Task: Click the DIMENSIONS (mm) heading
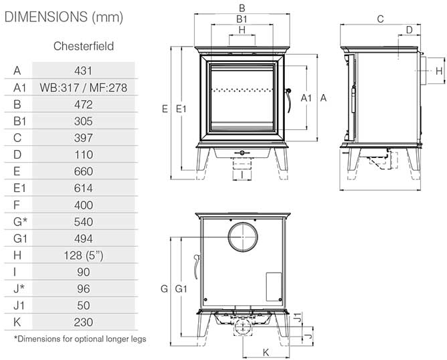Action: [64, 17]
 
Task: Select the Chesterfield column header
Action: [83, 46]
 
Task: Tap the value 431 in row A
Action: [83, 71]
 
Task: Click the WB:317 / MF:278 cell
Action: [83, 87]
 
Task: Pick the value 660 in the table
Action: [83, 171]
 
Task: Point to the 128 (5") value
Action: [83, 255]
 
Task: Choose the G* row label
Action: [20, 222]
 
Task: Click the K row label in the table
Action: [17, 322]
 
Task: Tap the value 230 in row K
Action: [83, 323]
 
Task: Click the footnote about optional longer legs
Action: [80, 339]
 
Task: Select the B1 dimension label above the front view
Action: [242, 19]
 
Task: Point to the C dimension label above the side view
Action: [380, 19]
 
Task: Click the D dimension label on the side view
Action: [409, 29]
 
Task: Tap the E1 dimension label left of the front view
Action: [181, 109]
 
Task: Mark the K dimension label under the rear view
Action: [266, 353]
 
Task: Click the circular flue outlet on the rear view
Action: [243, 237]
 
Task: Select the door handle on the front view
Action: [288, 101]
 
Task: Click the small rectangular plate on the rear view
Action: [274, 287]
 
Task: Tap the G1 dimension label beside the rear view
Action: [181, 289]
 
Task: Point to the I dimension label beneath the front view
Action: [242, 175]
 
